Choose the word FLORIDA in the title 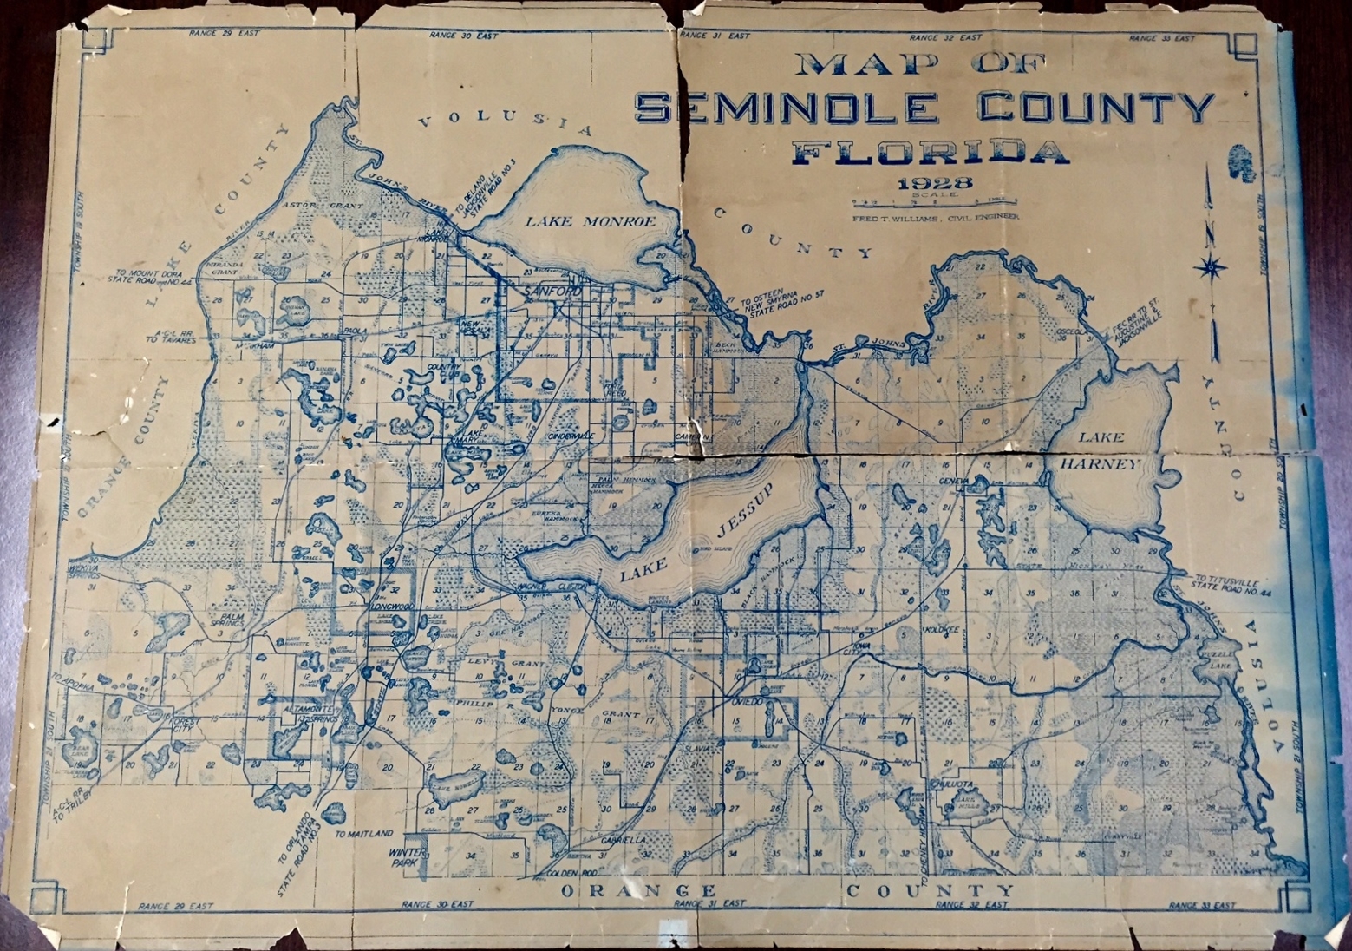coord(931,154)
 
